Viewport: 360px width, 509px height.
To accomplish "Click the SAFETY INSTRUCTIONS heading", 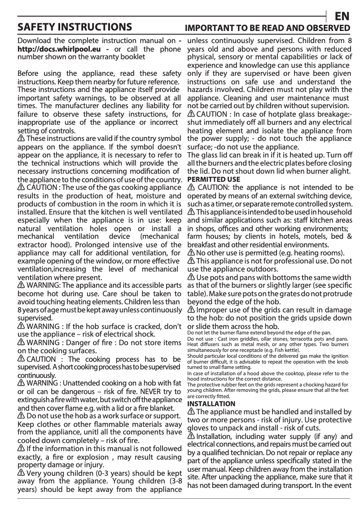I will [x=75, y=27].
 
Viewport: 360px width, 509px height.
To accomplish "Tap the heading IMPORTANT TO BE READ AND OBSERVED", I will [x=268, y=28].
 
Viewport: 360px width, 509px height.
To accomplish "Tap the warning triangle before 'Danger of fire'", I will [x=21, y=342].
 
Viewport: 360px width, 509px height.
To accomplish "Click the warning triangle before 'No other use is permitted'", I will [x=191, y=253].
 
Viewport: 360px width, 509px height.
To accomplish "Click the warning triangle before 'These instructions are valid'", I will [x=21, y=138].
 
